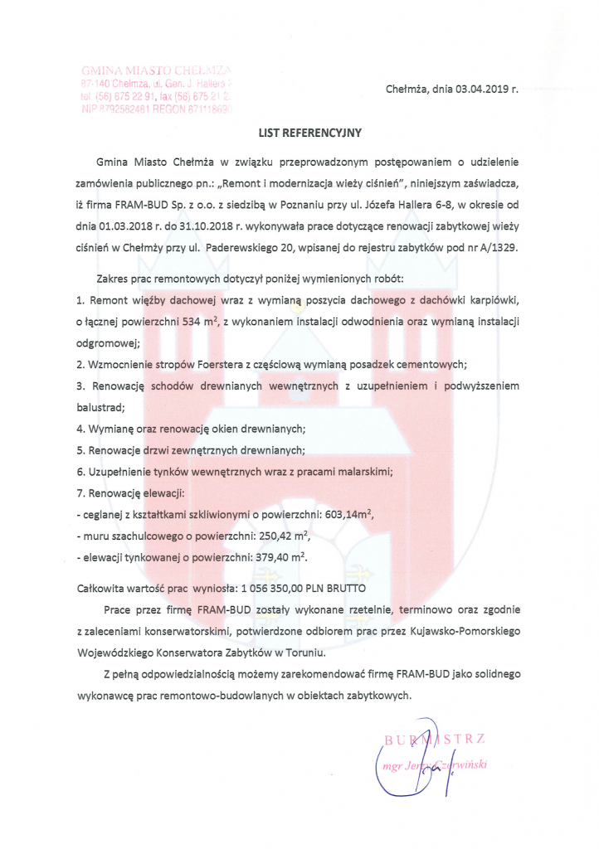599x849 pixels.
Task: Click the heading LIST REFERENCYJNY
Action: pos(308,131)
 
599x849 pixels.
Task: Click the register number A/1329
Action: pos(494,247)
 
